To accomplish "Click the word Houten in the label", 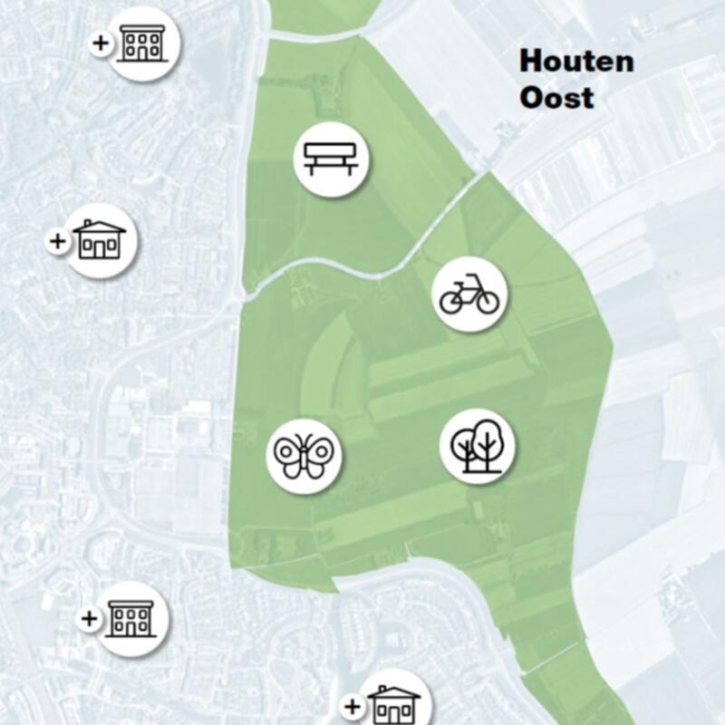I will point(575,63).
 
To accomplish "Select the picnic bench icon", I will point(332,159).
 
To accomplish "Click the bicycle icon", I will point(469,295).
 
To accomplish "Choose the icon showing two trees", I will point(478,446).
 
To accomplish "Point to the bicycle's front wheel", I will point(488,303).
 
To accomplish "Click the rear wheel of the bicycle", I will point(451,303).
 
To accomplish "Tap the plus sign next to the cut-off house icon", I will point(353,706).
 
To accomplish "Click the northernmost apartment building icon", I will point(143,43).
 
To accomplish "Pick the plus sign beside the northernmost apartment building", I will point(101,43).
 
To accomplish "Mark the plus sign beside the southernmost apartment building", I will point(89,619).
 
